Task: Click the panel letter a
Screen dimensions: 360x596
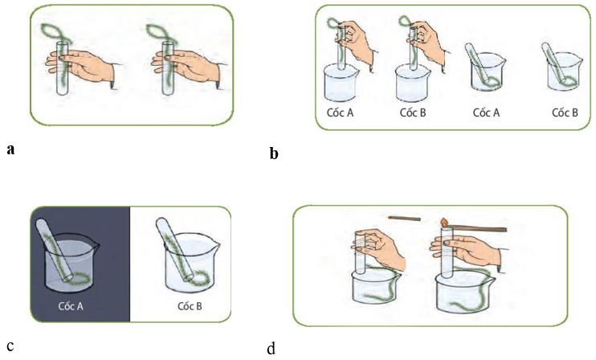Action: pos(10,149)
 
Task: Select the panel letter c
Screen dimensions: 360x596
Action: pos(9,347)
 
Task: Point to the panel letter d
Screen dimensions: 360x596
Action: pos(271,349)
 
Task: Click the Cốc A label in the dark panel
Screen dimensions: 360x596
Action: pos(73,306)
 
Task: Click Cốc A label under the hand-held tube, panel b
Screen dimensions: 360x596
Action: pos(340,112)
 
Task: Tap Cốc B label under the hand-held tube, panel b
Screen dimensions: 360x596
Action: pos(412,112)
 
